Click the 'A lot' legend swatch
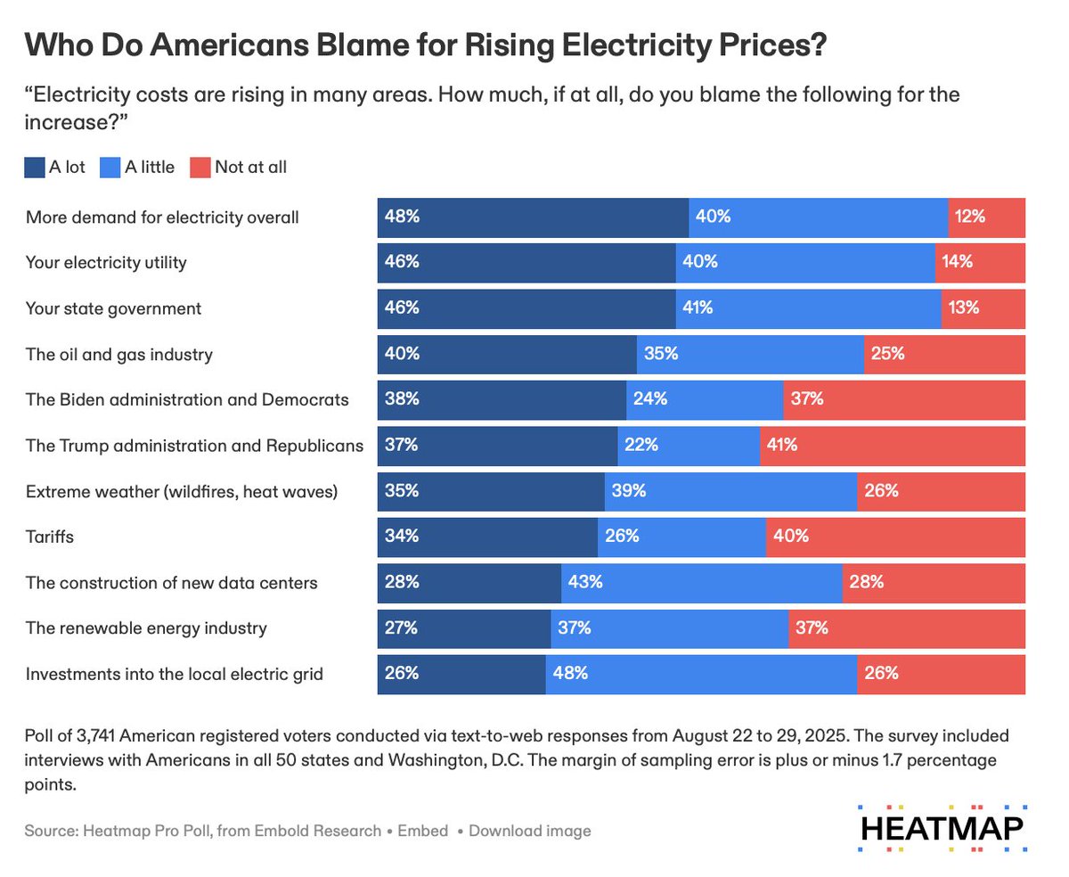point(33,167)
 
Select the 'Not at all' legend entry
point(239,167)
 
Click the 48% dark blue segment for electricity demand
point(533,217)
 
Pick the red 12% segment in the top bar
point(987,217)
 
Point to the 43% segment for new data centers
point(702,583)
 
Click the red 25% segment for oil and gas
point(944,354)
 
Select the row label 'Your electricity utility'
point(106,263)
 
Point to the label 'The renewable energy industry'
point(146,628)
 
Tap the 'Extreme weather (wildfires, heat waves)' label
point(182,492)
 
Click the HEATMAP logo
point(943,828)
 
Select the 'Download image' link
point(529,831)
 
